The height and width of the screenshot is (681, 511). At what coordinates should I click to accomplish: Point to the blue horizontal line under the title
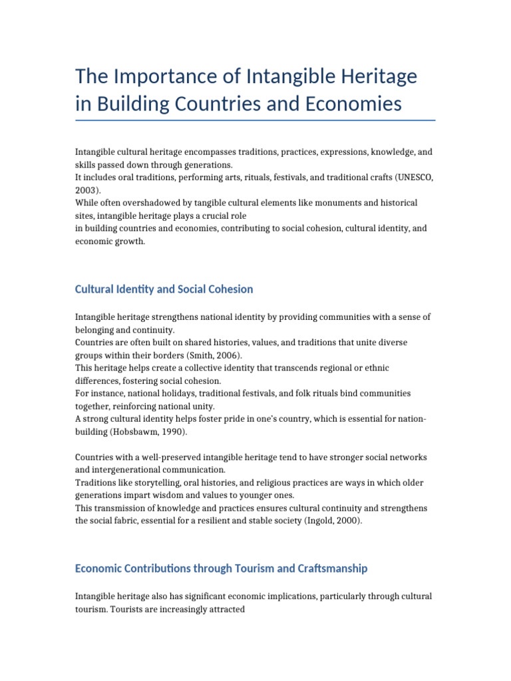tap(255, 120)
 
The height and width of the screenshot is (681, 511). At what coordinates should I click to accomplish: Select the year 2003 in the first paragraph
tap(85, 190)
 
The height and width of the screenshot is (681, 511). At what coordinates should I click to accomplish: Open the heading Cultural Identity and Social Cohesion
tap(164, 289)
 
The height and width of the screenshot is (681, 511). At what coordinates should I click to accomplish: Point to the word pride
tap(245, 419)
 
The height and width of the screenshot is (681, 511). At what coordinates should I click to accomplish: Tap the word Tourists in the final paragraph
tap(134, 609)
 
